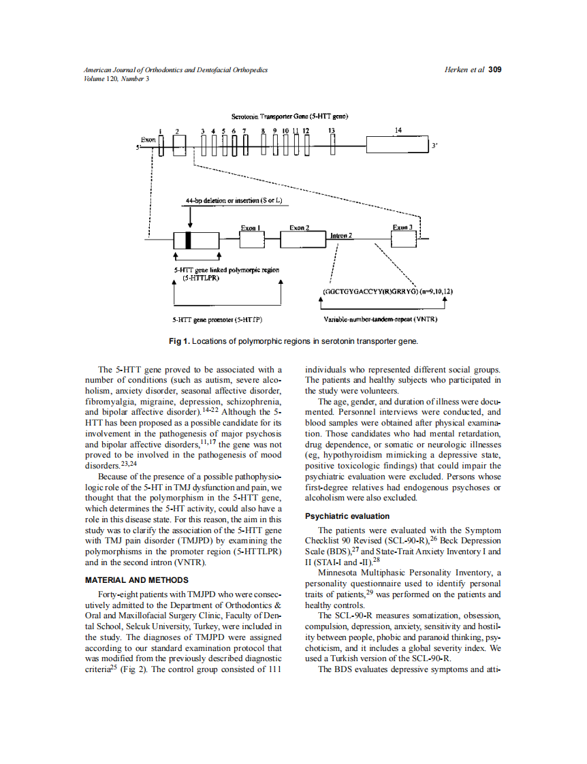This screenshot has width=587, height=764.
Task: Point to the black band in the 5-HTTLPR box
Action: (x=189, y=240)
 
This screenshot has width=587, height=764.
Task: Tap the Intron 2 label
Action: (x=340, y=236)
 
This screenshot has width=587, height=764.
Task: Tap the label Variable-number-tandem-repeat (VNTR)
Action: (x=380, y=319)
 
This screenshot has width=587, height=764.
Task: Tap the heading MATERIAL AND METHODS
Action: (x=136, y=580)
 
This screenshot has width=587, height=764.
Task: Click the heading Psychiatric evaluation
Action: (x=347, y=516)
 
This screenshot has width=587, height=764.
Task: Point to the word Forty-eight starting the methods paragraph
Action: (x=118, y=594)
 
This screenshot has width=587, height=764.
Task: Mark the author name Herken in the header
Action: (x=457, y=69)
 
